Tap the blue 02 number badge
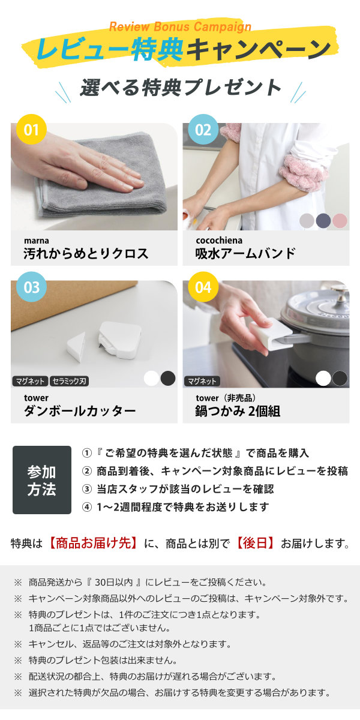tap(203, 130)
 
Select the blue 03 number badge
tap(31, 287)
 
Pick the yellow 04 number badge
tap(203, 287)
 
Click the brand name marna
tap(37, 241)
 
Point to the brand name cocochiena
tap(220, 241)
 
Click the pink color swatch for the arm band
tap(340, 220)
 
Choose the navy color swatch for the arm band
tap(323, 220)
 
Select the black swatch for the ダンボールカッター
tap(168, 378)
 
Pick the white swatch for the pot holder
tap(323, 378)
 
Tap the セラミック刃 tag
tap(69, 381)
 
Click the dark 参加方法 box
tap(41, 480)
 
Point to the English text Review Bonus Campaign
tap(180, 26)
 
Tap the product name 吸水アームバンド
tap(245, 254)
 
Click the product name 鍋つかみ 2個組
tap(238, 411)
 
